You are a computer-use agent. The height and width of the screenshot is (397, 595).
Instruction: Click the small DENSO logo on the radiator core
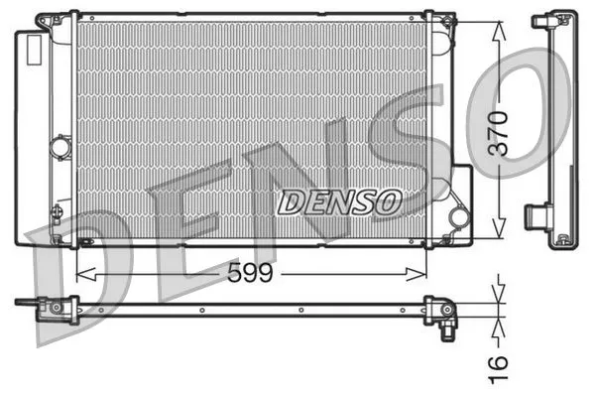(338, 202)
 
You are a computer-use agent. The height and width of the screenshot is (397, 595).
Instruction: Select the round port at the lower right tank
(458, 215)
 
